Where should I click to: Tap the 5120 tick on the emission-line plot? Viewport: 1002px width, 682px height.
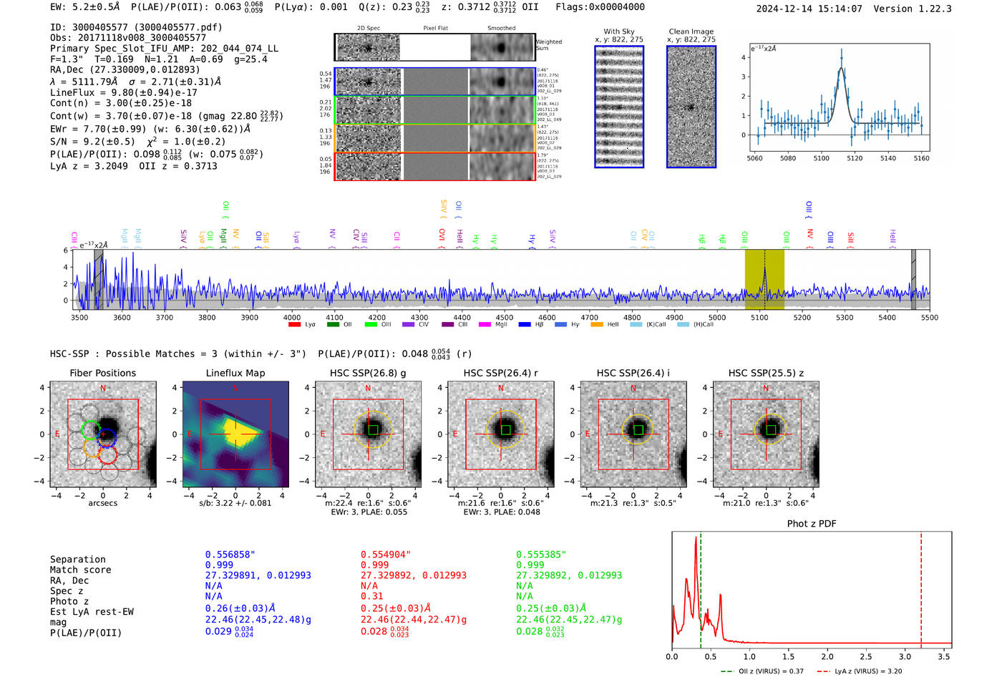855,158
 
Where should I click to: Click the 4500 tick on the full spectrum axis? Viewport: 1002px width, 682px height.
505,318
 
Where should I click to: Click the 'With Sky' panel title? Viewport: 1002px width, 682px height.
618,31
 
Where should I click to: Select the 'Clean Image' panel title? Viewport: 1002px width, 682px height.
691,31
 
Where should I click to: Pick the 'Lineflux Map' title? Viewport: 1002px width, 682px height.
235,373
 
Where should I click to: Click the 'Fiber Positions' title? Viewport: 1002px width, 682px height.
102,373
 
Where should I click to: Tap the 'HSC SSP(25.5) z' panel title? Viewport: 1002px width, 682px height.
766,373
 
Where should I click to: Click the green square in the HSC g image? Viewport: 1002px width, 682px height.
373,429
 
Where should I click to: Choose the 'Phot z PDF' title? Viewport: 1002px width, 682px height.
811,524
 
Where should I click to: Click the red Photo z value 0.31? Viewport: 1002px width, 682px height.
371,596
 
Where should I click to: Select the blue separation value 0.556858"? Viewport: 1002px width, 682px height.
230,555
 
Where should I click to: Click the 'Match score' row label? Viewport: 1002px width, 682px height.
80,570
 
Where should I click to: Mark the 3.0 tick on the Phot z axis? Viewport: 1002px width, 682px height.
905,656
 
